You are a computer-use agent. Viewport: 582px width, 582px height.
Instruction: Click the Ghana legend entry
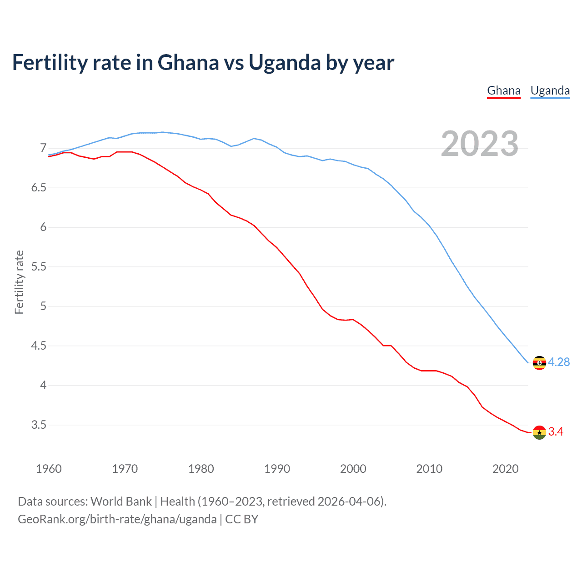tap(503, 90)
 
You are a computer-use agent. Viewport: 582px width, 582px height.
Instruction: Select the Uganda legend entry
tap(550, 90)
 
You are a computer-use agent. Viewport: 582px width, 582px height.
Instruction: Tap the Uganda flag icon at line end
tap(539, 363)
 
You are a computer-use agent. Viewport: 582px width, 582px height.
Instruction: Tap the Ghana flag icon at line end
tap(539, 432)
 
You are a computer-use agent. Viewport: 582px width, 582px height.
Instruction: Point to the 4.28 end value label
tap(559, 362)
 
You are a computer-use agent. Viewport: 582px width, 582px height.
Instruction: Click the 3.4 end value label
tap(556, 432)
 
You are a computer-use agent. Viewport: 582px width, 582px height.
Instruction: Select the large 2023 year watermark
tap(480, 144)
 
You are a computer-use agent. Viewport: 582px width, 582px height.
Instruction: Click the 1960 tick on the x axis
tap(49, 469)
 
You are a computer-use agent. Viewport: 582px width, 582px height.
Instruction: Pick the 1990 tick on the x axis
tap(277, 469)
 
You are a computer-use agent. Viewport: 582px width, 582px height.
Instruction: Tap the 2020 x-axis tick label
tap(505, 469)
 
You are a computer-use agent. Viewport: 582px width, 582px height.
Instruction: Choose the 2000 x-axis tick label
tap(353, 469)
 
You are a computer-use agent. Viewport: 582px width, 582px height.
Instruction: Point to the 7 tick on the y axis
tap(43, 148)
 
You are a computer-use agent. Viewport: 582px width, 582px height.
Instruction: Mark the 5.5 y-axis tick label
tap(39, 266)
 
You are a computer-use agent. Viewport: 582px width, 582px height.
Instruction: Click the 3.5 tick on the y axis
tap(39, 425)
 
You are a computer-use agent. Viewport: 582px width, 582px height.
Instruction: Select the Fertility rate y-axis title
tap(19, 282)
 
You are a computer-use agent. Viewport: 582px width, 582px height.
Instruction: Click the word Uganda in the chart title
tap(285, 62)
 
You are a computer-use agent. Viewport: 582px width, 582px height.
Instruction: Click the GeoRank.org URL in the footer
tap(117, 519)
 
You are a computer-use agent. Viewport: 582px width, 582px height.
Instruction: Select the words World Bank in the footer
tap(121, 502)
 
